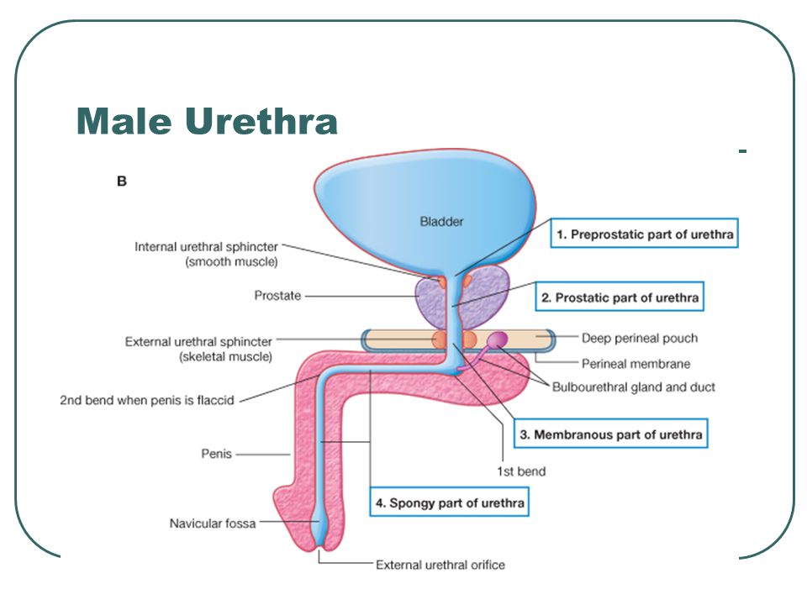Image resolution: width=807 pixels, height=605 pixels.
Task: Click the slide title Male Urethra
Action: click(x=207, y=121)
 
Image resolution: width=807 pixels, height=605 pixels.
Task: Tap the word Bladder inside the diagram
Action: click(x=442, y=222)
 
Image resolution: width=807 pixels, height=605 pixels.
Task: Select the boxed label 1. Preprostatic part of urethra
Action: click(x=644, y=234)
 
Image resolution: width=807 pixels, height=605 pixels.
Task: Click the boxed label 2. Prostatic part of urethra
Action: click(x=620, y=297)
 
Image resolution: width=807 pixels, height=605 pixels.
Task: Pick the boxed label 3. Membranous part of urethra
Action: click(x=609, y=434)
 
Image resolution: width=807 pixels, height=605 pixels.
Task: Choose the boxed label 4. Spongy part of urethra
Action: click(x=450, y=502)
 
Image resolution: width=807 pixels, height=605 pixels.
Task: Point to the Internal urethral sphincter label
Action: click(x=206, y=247)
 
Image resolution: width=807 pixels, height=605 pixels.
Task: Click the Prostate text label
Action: click(x=277, y=296)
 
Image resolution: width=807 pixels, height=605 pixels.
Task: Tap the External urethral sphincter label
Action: click(x=198, y=342)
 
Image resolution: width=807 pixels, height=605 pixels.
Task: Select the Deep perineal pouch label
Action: click(x=639, y=339)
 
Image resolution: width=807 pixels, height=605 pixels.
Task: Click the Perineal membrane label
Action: click(x=636, y=364)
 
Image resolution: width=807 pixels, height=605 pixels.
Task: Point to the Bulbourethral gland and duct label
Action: click(x=633, y=387)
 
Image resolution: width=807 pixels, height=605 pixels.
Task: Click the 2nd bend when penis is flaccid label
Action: click(x=146, y=400)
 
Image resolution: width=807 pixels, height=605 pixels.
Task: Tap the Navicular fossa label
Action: click(x=212, y=523)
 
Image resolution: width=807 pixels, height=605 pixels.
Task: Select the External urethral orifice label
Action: click(x=440, y=565)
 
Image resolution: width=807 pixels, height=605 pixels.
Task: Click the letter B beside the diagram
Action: click(x=122, y=181)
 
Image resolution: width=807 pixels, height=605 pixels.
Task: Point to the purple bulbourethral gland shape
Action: click(x=498, y=340)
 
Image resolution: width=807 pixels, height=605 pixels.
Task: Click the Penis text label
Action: click(x=216, y=455)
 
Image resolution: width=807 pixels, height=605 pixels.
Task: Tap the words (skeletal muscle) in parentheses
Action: click(x=225, y=357)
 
